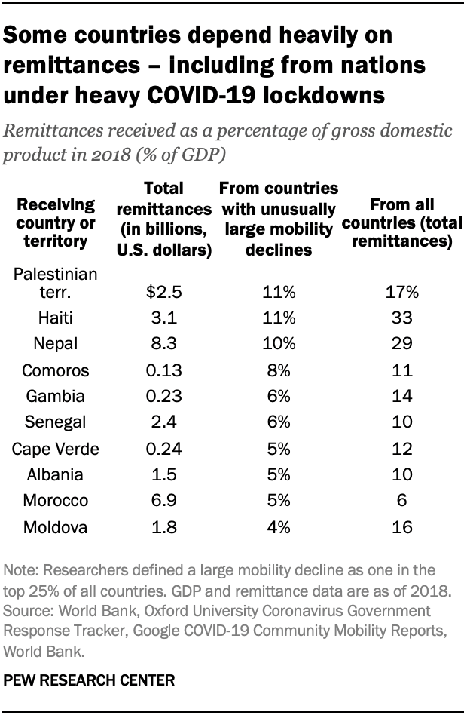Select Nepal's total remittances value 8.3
point(163,345)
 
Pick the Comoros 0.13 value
point(163,371)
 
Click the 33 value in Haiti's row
point(403,319)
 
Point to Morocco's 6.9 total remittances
point(163,501)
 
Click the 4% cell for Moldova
point(279,527)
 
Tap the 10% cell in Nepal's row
point(279,345)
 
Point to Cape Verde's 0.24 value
point(163,449)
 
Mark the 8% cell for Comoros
point(279,371)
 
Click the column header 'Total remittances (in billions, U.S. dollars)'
point(163,219)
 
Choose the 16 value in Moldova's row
point(403,527)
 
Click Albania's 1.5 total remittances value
point(163,475)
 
